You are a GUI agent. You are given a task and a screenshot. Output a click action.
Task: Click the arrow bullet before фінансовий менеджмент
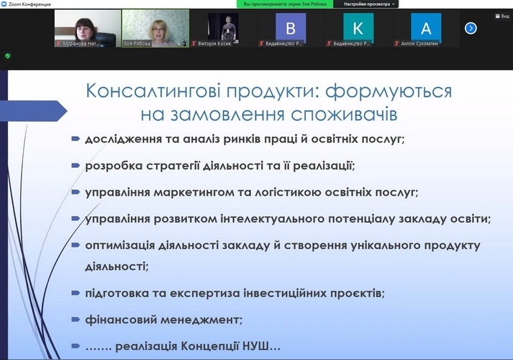76,319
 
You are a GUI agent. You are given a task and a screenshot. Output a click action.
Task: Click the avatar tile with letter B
291,28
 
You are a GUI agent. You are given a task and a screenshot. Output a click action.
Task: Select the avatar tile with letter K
358,28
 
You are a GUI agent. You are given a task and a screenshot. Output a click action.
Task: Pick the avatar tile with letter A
426,28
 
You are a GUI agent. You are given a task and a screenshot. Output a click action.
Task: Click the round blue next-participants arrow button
471,28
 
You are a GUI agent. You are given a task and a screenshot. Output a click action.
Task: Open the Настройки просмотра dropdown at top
367,4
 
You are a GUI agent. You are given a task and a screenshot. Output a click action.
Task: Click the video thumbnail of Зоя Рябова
155,28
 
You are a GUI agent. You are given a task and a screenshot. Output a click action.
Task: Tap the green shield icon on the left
7,55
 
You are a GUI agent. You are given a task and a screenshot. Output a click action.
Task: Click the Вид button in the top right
502,15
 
